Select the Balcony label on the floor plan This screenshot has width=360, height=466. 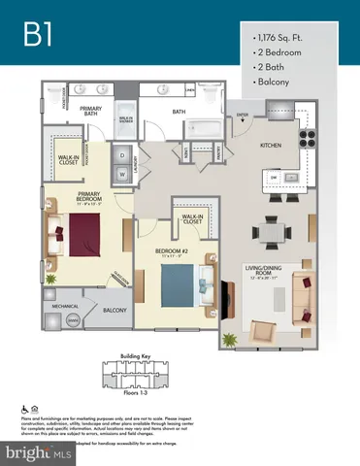115,312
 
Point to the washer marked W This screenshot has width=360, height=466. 122,176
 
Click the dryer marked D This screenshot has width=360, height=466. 122,155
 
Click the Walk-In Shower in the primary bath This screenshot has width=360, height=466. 126,119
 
